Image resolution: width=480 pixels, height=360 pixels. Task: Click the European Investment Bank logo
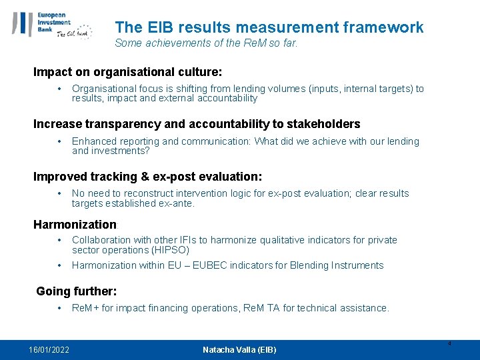click(x=52, y=25)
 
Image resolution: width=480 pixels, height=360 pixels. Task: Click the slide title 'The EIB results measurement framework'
click(x=269, y=27)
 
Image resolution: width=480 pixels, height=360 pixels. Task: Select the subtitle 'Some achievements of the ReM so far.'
click(x=206, y=43)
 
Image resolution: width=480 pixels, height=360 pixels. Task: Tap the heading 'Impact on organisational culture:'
click(x=128, y=71)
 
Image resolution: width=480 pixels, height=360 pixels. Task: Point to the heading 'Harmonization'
click(x=75, y=225)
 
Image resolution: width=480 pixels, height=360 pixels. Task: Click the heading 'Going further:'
click(x=77, y=291)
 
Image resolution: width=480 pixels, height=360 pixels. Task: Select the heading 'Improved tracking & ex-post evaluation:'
click(x=148, y=177)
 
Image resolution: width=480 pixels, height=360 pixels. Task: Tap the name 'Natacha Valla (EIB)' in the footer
click(x=239, y=350)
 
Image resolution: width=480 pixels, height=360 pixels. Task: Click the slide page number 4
click(x=449, y=344)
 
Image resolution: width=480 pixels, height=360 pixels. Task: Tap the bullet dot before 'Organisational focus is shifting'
click(x=60, y=89)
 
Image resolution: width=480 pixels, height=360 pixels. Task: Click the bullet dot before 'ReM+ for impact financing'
click(x=60, y=308)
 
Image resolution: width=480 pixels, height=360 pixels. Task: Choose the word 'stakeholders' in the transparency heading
click(x=325, y=124)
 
